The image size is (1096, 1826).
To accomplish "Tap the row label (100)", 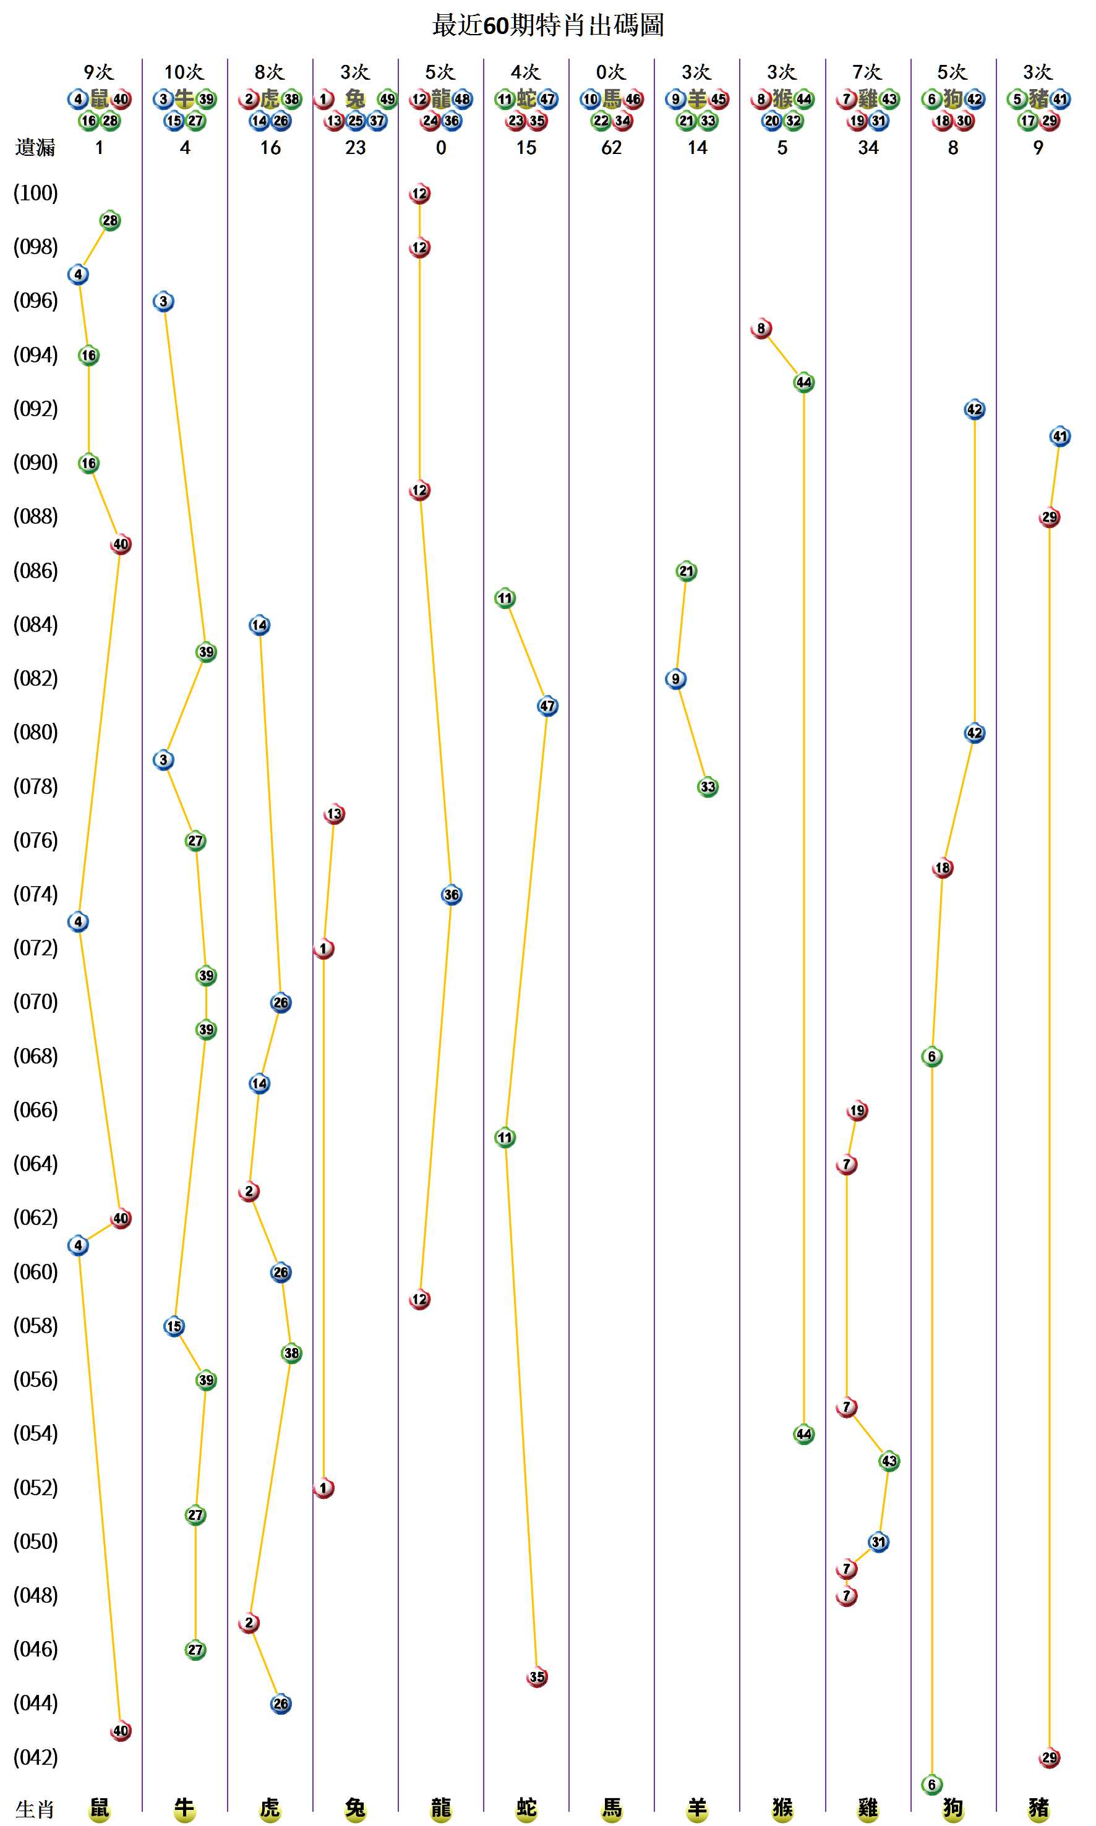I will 35,194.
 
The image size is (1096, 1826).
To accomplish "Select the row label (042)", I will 35,1757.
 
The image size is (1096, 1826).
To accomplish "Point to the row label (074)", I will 35,894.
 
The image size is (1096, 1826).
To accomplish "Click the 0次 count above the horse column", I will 610,72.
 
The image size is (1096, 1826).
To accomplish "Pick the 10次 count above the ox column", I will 184,72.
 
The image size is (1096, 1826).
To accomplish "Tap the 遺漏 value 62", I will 610,148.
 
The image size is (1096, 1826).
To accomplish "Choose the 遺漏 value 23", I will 355,148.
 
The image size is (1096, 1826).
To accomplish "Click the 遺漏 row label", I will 35,148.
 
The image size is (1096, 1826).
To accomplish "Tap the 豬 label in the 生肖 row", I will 1038,1808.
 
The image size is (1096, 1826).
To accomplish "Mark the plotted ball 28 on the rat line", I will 110,220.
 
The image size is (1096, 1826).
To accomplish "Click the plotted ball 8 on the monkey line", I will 761,328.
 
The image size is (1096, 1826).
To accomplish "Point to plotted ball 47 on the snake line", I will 547,706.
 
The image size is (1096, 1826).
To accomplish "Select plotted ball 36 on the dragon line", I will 452,895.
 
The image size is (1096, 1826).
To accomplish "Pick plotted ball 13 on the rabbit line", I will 335,814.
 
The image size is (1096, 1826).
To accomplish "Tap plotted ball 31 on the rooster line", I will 878,1542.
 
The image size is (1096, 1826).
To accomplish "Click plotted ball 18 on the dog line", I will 943,868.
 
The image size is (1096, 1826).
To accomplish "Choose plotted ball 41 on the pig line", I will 1060,437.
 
